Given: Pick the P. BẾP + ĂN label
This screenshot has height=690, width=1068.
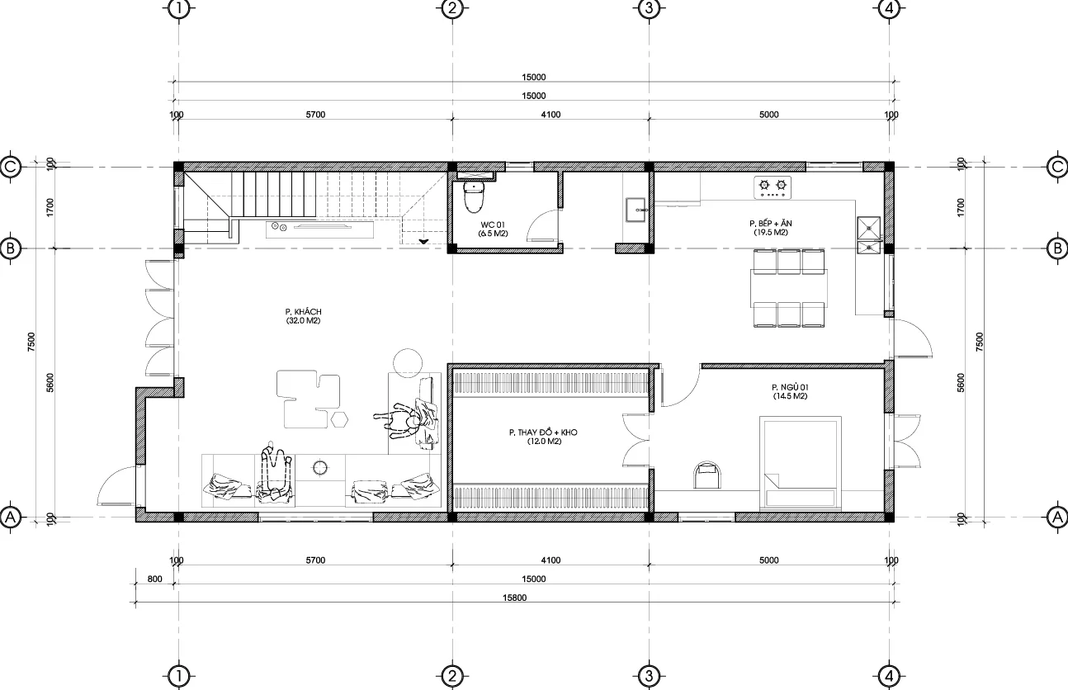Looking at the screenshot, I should click(x=770, y=228).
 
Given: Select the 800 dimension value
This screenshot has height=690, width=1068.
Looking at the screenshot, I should click(x=154, y=579).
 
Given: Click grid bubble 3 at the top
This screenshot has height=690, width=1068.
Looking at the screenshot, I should click(x=649, y=9).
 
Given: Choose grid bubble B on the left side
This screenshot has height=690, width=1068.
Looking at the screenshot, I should click(x=12, y=248).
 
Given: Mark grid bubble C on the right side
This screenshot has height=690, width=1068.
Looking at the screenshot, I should click(x=1057, y=166).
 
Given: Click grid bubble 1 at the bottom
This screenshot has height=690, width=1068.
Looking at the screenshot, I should click(x=177, y=677).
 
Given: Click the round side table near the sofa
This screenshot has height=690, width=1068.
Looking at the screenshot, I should click(x=407, y=363).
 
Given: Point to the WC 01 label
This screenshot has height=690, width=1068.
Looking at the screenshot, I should click(x=493, y=229).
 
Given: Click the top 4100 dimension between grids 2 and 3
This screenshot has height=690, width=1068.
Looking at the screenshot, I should click(x=551, y=115).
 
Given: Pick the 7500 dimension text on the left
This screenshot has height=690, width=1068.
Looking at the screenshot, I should click(x=31, y=341).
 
